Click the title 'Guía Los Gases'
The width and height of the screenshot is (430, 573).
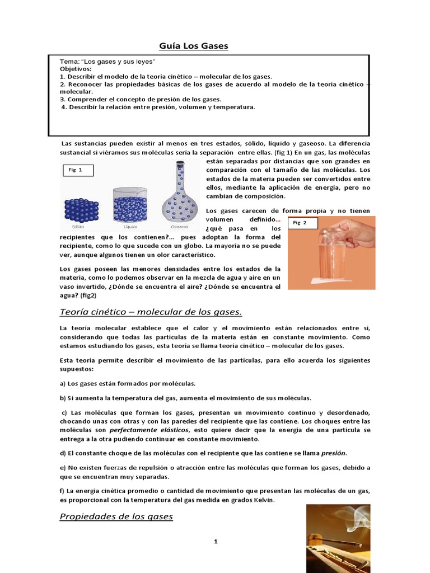(194, 46)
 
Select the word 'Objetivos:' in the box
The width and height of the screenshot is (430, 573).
(76, 68)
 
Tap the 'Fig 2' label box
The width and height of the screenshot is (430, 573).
(303, 223)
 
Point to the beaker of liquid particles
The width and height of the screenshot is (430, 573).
(129, 205)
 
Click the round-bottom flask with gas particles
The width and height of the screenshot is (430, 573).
(180, 196)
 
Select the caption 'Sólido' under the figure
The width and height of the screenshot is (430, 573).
(78, 228)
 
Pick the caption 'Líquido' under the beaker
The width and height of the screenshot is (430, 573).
(130, 228)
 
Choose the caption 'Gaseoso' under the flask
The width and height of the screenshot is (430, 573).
(180, 228)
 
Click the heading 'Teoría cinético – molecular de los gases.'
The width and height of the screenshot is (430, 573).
(151, 312)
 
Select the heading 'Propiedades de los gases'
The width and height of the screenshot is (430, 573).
(116, 516)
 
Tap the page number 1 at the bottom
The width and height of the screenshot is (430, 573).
(214, 541)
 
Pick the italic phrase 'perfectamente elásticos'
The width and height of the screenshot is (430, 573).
(149, 430)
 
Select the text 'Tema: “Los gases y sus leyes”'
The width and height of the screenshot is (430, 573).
(107, 61)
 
